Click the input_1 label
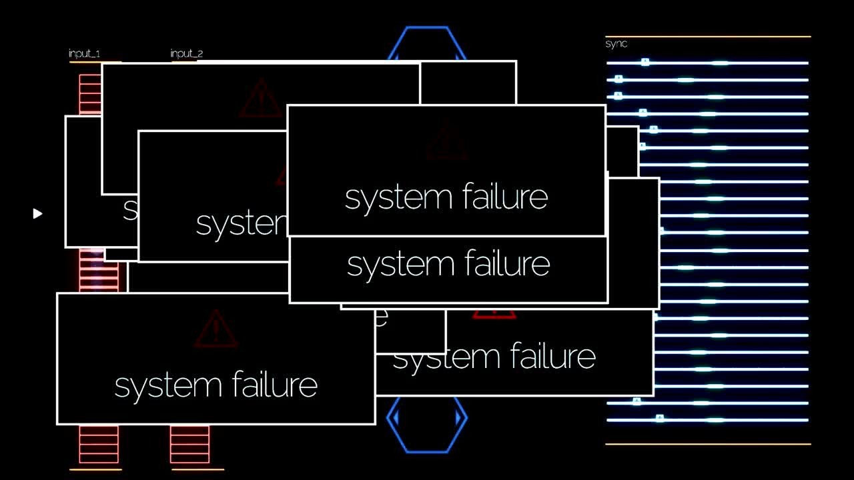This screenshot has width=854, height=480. (x=85, y=53)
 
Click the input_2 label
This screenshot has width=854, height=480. (x=187, y=53)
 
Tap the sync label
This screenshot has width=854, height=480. (x=616, y=44)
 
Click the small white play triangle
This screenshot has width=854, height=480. (x=37, y=213)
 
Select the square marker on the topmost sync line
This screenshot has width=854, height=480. (x=645, y=62)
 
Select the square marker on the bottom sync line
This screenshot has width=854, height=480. (x=659, y=419)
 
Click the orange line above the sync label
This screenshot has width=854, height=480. (x=707, y=37)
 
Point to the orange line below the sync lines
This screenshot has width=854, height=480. (x=707, y=444)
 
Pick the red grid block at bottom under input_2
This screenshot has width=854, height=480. (x=189, y=444)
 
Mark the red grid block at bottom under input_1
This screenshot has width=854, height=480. (x=99, y=444)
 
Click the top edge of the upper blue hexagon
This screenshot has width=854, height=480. (x=427, y=28)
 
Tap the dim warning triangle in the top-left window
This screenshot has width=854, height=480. (x=260, y=99)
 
